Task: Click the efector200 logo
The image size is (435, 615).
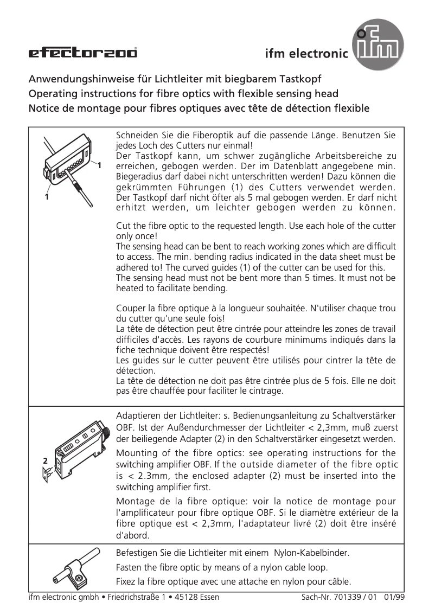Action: click(83, 53)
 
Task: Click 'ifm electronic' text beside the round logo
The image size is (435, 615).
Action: click(306, 54)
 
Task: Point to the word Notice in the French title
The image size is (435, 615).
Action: click(46, 107)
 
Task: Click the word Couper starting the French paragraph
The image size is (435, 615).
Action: click(132, 309)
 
